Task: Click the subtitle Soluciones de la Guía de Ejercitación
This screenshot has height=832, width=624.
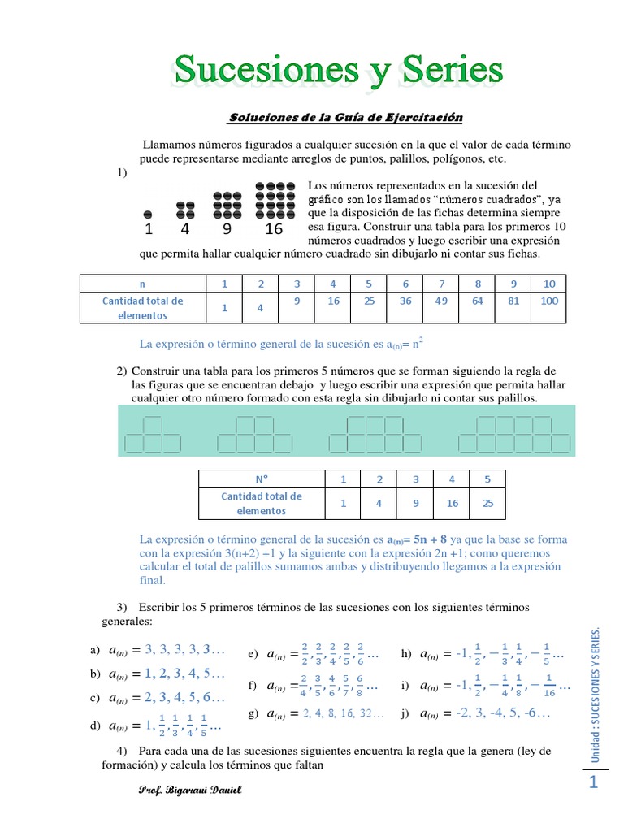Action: coord(345,118)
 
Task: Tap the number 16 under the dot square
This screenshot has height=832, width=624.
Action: coord(274,229)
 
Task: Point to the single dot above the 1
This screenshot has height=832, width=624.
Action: coord(148,213)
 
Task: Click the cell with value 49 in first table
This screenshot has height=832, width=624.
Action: coord(441,301)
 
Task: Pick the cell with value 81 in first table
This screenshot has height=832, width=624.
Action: coord(513,301)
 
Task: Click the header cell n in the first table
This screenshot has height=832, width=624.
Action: coord(142,284)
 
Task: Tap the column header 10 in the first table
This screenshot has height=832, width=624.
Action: coord(549,284)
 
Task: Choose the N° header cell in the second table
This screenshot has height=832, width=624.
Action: coord(262,479)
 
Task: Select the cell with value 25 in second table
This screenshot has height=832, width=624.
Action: coord(487,504)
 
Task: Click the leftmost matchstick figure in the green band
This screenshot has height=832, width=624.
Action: coord(153,434)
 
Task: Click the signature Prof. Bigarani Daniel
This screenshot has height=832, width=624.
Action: coord(192,791)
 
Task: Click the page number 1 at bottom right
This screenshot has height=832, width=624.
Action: coord(594,782)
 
